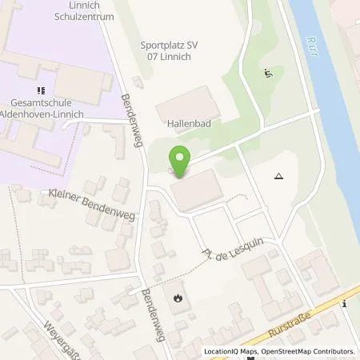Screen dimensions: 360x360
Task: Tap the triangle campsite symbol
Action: [x=278, y=176]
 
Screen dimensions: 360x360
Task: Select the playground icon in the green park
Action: [x=267, y=74]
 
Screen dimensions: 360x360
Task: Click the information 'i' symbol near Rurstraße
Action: [x=343, y=303]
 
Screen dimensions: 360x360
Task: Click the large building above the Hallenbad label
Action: [x=186, y=103]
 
